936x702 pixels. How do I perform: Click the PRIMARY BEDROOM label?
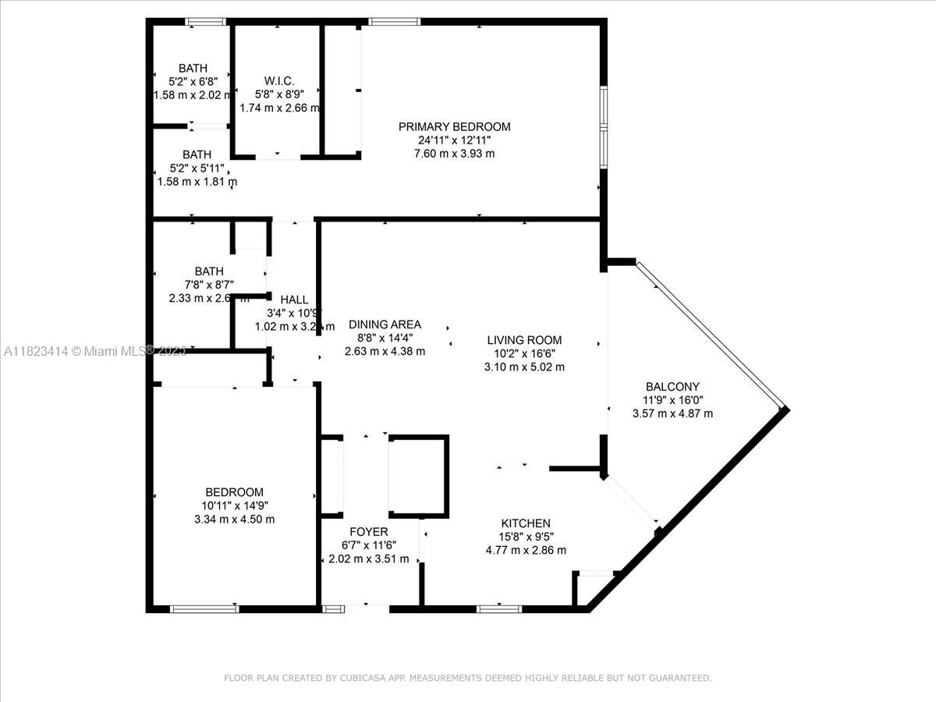pos(454,126)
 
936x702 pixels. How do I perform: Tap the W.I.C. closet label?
pos(278,80)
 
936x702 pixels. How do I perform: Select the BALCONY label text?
pos(672,386)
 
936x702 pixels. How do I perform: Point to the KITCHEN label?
pos(526,523)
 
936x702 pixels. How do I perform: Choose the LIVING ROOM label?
pos(524,340)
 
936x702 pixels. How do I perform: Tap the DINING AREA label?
pos(385,324)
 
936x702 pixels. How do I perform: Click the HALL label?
pos(294,300)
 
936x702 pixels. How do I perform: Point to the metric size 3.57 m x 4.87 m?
pos(672,413)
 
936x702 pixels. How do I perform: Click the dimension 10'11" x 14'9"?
pos(234,505)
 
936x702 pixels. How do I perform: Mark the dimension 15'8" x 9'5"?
pos(526,537)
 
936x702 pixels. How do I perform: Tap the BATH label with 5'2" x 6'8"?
pos(193,69)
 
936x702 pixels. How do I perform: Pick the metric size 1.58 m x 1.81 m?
pos(197,182)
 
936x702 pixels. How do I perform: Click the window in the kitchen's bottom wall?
pos(499,608)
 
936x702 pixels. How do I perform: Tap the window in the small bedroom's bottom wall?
pos(204,608)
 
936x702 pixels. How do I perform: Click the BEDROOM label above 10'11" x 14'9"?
pos(234,492)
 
